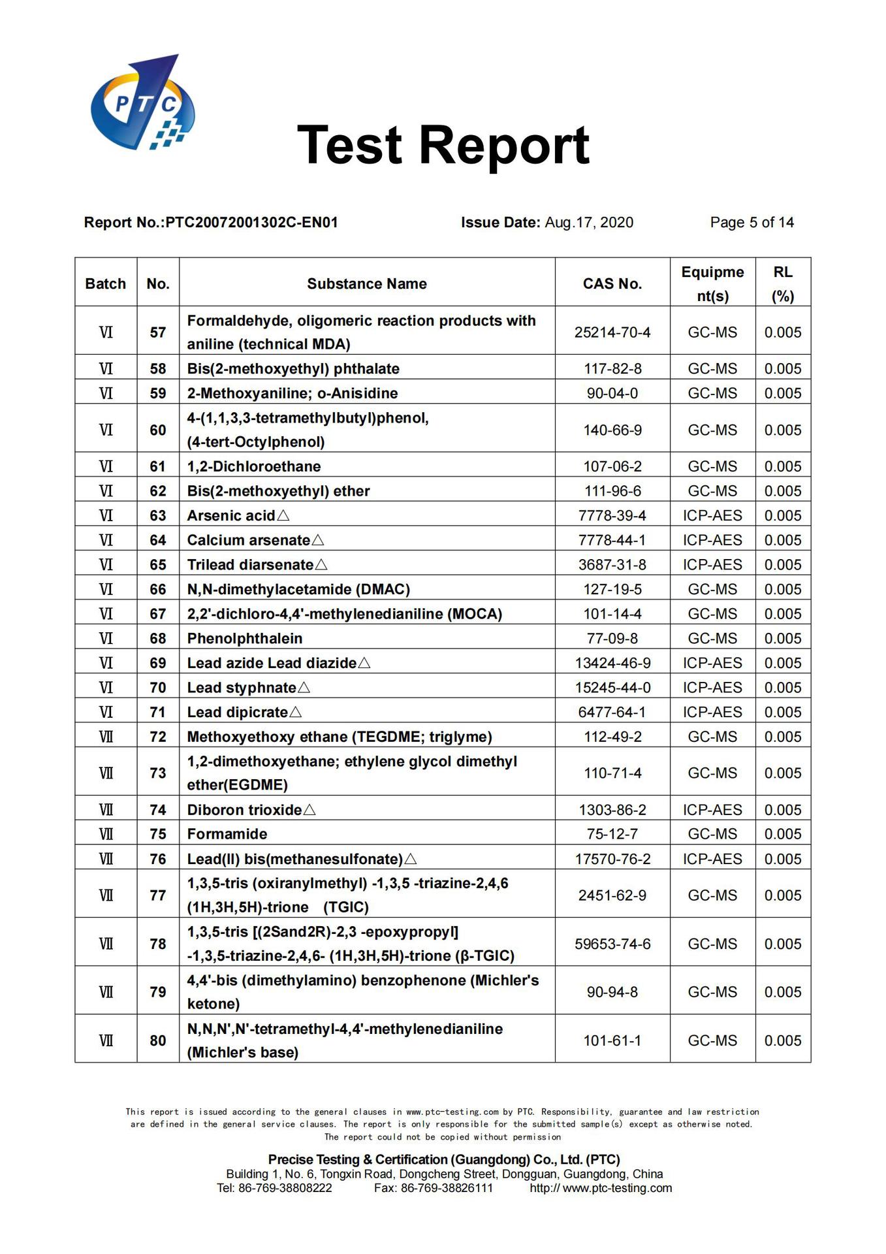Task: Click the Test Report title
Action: [443, 145]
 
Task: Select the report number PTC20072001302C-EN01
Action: [251, 223]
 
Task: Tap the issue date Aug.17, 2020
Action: [589, 223]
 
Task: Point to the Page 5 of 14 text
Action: [752, 223]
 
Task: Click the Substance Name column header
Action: [367, 284]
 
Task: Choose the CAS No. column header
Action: [612, 284]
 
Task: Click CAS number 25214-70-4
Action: [612, 332]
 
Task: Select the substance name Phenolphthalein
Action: [245, 639]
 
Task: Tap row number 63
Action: [158, 516]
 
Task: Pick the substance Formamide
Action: [227, 834]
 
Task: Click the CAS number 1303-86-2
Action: [612, 810]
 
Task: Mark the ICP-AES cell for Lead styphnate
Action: [712, 688]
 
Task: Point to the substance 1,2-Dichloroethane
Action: [254, 467]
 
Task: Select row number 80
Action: [158, 1040]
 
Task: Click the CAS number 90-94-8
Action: [612, 992]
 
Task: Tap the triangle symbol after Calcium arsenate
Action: [318, 540]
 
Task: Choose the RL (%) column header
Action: [783, 284]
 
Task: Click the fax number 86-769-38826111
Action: [447, 1188]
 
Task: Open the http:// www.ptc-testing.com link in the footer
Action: [601, 1188]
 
